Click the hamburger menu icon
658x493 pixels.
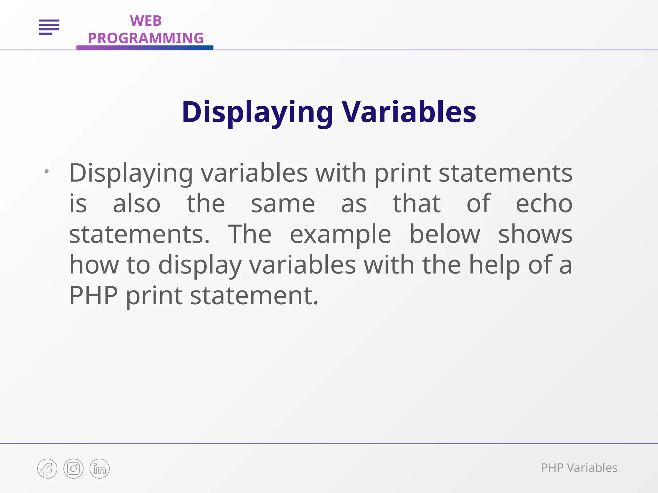[49, 27]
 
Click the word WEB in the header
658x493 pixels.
[146, 21]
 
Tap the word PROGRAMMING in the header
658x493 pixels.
[146, 38]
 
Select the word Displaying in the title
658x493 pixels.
[257, 112]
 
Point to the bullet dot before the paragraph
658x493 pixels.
[47, 171]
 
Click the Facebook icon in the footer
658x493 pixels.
[47, 469]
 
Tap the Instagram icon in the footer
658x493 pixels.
[74, 469]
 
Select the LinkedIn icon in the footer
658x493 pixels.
[100, 469]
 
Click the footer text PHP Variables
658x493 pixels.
[579, 468]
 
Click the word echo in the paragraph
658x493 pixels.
[544, 204]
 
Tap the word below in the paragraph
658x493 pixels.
[445, 234]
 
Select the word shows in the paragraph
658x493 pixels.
[535, 234]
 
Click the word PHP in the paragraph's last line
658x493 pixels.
[93, 296]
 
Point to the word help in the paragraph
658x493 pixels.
[494, 265]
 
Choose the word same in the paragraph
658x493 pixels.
[283, 204]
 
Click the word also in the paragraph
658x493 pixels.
[137, 204]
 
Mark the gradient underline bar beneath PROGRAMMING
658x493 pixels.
[145, 48]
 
